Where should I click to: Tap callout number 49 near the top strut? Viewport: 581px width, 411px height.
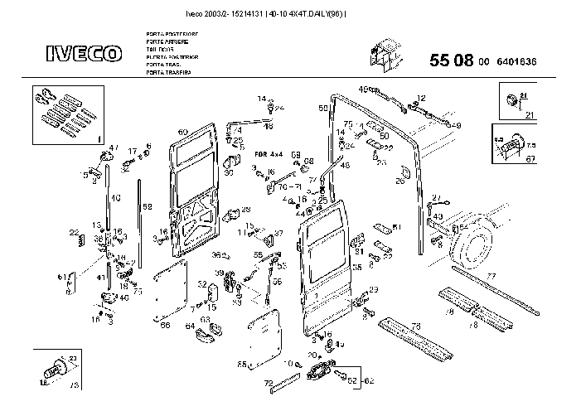coord(362,89)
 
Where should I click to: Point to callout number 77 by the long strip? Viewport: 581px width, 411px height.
coord(491,275)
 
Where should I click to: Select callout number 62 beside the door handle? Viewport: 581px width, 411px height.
coord(369,380)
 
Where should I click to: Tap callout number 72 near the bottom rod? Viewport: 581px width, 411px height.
coord(268,383)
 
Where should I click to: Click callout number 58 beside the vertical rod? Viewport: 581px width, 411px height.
coord(147,205)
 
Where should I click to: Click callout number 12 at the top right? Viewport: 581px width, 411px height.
coord(421,98)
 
